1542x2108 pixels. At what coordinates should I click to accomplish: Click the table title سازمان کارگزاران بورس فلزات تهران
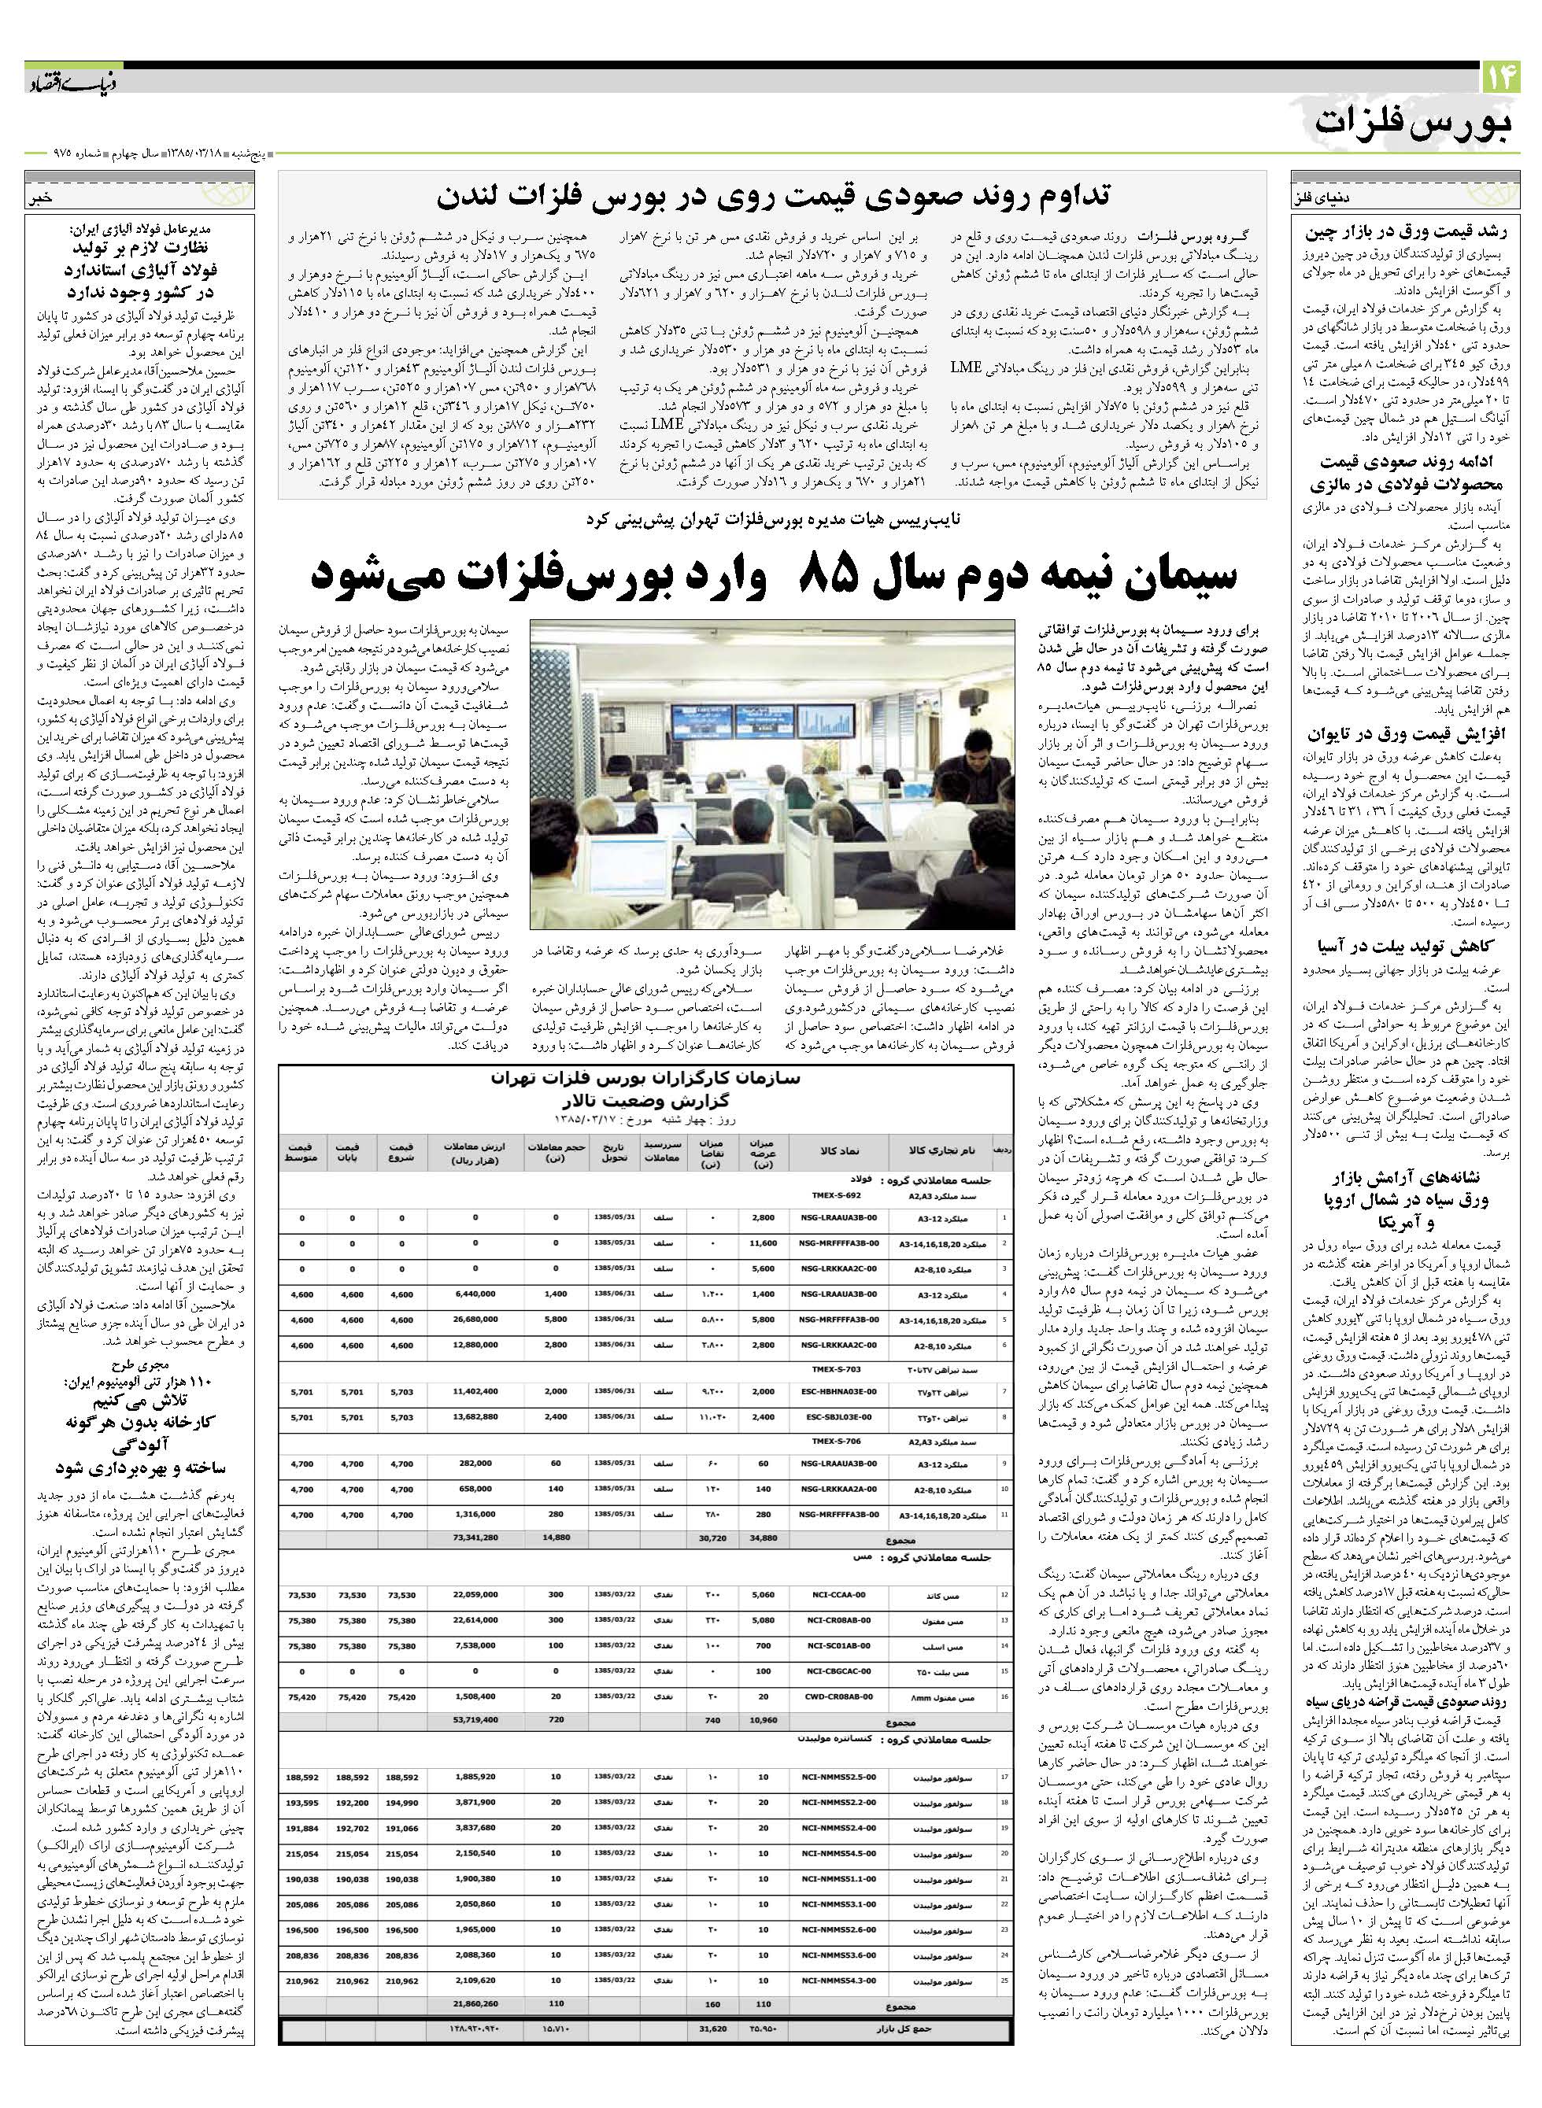pos(644,1080)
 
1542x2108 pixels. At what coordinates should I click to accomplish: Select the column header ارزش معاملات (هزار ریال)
pos(475,1151)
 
